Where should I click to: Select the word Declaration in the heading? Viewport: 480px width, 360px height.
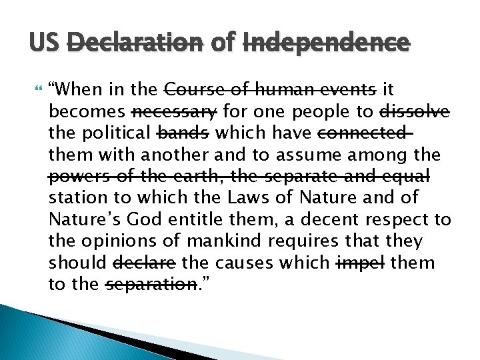coord(134,43)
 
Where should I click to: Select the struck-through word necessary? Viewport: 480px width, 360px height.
coord(175,111)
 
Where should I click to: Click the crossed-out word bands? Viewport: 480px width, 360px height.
coord(182,133)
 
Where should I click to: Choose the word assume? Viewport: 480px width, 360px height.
coord(323,155)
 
